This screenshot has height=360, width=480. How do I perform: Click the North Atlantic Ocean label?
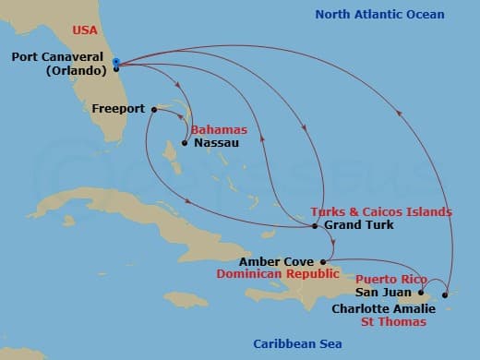point(379,15)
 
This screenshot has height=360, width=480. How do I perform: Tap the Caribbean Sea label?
point(297,344)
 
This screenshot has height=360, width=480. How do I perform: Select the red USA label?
point(87,30)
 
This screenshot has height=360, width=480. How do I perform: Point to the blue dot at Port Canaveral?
point(116,63)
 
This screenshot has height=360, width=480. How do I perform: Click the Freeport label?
point(118,108)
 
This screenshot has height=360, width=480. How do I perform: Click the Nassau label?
point(215,143)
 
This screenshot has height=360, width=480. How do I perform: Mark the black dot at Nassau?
point(185,143)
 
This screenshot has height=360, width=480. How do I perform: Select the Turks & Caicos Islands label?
point(381,211)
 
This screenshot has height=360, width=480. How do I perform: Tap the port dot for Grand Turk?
point(315,226)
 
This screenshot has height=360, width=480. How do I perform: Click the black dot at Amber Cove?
point(322,261)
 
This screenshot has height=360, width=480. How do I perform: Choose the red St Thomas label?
point(393,322)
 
